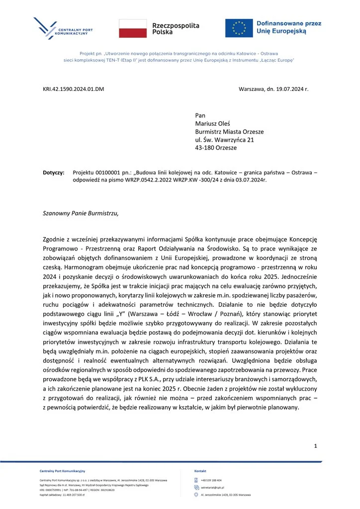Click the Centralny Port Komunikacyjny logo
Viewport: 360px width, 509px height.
(64, 29)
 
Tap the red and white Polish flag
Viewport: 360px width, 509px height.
(133, 28)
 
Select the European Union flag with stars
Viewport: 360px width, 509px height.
(239, 27)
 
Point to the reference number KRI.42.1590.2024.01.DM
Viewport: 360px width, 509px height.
(74, 89)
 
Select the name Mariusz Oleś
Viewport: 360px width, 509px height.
(212, 124)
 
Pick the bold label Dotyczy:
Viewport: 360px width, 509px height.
(54, 172)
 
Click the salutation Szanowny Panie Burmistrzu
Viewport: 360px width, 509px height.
(82, 214)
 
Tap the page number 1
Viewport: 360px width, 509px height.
(315, 446)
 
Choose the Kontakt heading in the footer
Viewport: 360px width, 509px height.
(200, 470)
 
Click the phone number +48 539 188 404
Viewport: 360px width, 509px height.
(211, 481)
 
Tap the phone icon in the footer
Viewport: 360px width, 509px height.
(196, 481)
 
